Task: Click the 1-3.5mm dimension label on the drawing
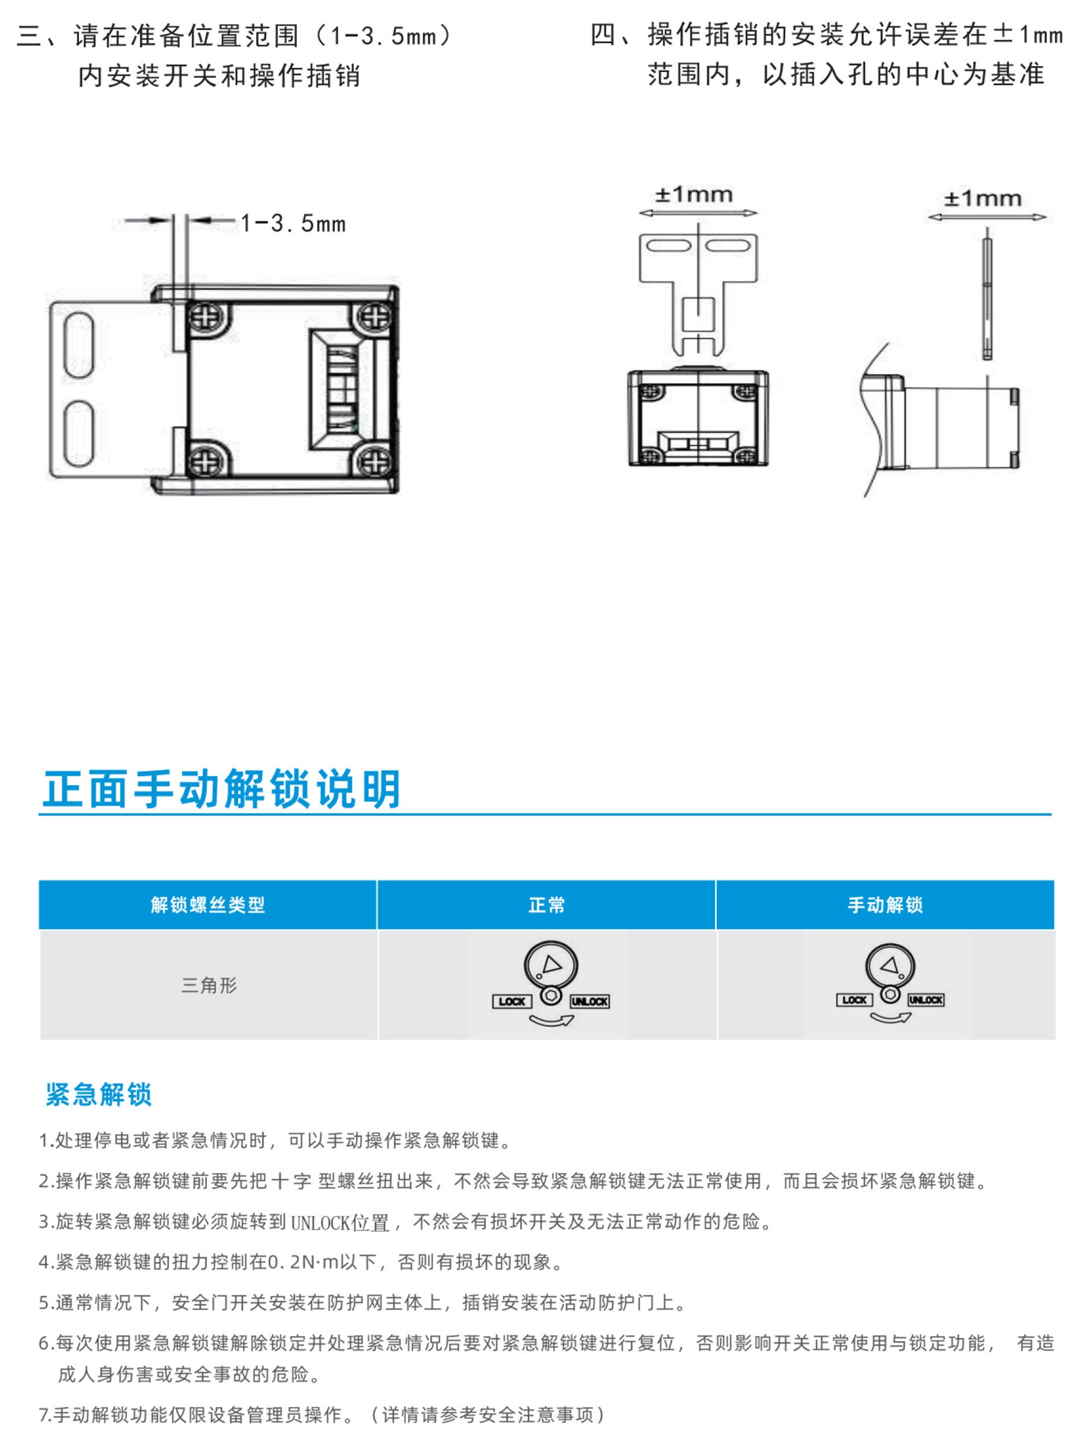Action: coord(293,224)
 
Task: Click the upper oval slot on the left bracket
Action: coord(79,345)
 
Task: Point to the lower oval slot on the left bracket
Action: coord(79,434)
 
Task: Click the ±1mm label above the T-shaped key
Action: coord(694,194)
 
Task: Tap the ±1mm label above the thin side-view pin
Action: coord(982,198)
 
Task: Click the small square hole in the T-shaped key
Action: coord(699,315)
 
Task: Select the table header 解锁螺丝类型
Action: coord(208,905)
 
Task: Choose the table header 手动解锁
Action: coord(886,905)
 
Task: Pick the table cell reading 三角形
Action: coord(209,985)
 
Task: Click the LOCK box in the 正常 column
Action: coord(512,1002)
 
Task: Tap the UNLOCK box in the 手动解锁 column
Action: coord(926,999)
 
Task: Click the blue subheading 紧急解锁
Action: coord(98,1095)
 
